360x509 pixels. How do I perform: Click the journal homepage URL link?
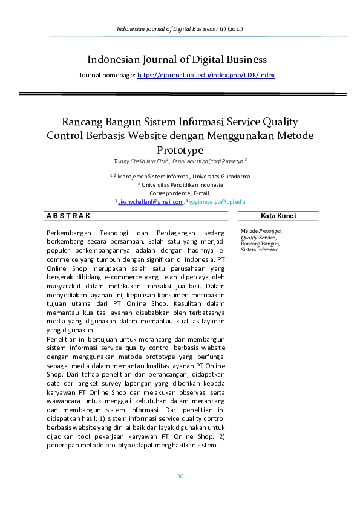point(206,75)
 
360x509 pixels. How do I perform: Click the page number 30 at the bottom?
point(180,476)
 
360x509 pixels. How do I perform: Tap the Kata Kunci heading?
point(278,216)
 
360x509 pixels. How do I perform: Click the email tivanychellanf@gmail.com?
point(151,202)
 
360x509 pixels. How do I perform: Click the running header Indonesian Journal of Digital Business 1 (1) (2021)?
point(180,28)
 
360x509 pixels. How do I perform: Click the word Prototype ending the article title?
point(180,149)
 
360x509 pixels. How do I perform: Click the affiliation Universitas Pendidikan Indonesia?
point(182,185)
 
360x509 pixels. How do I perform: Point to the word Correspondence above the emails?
point(168,193)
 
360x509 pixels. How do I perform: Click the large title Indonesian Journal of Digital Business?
point(177,59)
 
